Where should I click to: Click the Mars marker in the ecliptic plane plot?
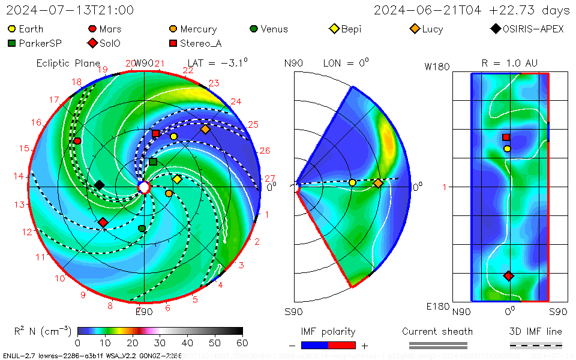(x=77, y=140)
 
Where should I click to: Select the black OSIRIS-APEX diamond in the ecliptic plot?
(x=100, y=185)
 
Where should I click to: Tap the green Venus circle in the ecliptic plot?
(x=142, y=229)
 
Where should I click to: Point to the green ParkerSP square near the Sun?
(x=153, y=162)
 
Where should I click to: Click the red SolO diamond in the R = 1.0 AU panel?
(x=509, y=276)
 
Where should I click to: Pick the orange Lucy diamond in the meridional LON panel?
(x=378, y=183)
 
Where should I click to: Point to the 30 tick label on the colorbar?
(x=160, y=343)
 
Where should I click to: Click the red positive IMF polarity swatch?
(x=342, y=345)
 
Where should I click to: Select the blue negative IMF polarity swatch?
(x=314, y=345)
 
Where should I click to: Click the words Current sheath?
(x=437, y=331)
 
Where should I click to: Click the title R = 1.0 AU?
(x=509, y=62)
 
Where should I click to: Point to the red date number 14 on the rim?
(x=19, y=176)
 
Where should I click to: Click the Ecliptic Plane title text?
(x=67, y=63)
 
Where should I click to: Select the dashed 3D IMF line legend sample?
(x=536, y=345)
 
